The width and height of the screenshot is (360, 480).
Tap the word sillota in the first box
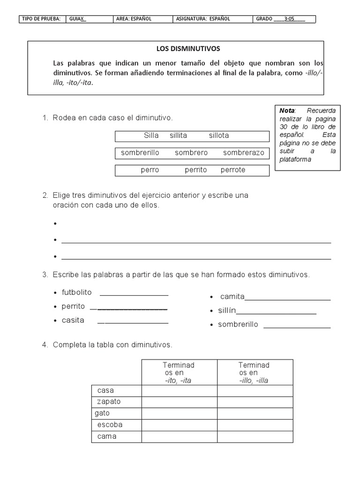[219, 135]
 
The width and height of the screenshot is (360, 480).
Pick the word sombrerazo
[243, 153]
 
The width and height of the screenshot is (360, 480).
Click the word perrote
[233, 170]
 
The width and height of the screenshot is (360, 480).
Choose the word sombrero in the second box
[191, 153]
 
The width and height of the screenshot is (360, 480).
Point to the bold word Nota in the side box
[286, 111]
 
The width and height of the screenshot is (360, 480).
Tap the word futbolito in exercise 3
[76, 292]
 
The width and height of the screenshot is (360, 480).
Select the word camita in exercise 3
[232, 296]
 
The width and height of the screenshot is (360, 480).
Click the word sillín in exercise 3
[227, 310]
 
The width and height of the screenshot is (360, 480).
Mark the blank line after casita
[133, 323]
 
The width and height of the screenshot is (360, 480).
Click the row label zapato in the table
[109, 402]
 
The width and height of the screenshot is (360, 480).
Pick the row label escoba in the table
[110, 425]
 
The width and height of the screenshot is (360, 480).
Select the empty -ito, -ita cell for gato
[179, 413]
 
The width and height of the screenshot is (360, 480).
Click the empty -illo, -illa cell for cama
[255, 436]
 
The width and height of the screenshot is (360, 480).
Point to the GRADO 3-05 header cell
[285, 19]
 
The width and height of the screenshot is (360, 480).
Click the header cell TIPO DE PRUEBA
[43, 19]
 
